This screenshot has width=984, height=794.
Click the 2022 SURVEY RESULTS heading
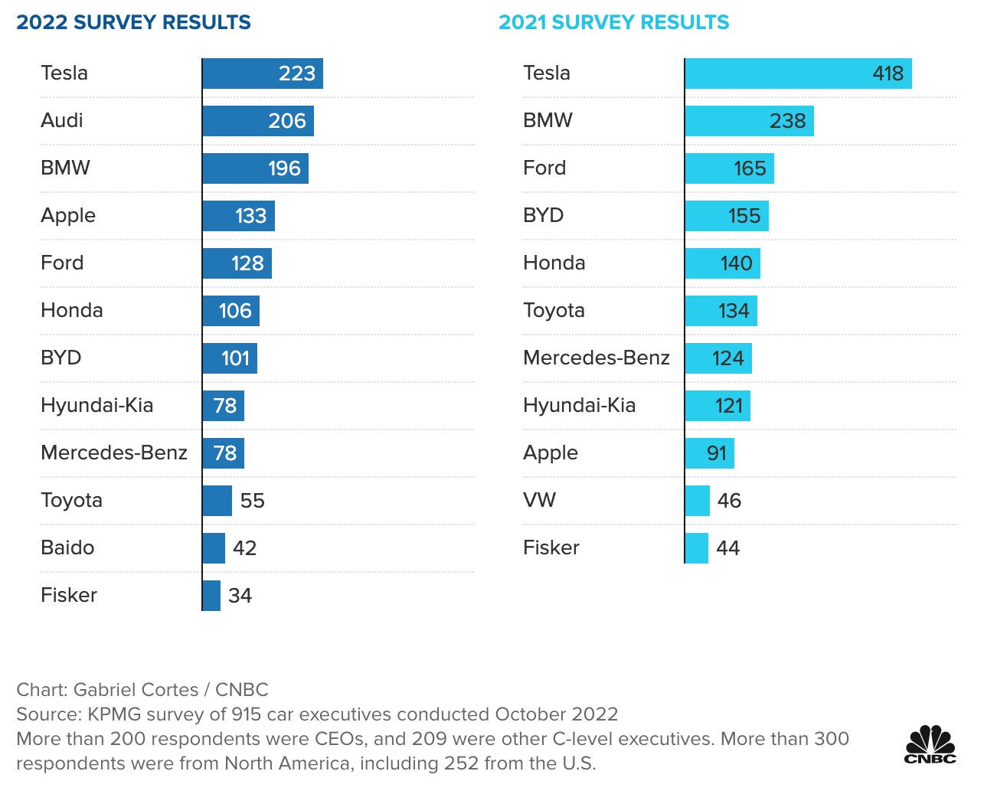[x=133, y=22]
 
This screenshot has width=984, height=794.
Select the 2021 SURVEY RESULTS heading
[x=613, y=22]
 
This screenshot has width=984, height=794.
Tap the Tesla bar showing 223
[x=262, y=74]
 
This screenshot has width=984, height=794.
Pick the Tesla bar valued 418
[x=797, y=74]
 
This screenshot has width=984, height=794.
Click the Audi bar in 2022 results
[x=257, y=121]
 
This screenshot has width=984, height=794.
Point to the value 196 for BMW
[x=284, y=168]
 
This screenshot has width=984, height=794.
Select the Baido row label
[x=67, y=547]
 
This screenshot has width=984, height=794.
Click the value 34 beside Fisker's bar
[x=240, y=596]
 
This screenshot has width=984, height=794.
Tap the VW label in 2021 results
[x=539, y=500]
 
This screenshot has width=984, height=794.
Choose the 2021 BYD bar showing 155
[x=726, y=216]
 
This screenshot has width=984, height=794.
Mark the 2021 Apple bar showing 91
[x=709, y=453]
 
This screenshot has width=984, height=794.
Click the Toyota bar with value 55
[x=217, y=501]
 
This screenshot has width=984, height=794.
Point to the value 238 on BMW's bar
[x=787, y=121]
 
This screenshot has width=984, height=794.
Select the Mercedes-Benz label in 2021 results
[x=596, y=358]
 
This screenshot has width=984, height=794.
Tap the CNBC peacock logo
[x=930, y=744]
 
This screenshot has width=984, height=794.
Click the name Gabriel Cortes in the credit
[x=136, y=690]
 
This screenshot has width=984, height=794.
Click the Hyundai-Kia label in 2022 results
[x=96, y=405]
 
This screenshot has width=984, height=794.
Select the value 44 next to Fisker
[x=727, y=548]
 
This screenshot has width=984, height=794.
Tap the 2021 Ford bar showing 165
[x=728, y=168]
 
